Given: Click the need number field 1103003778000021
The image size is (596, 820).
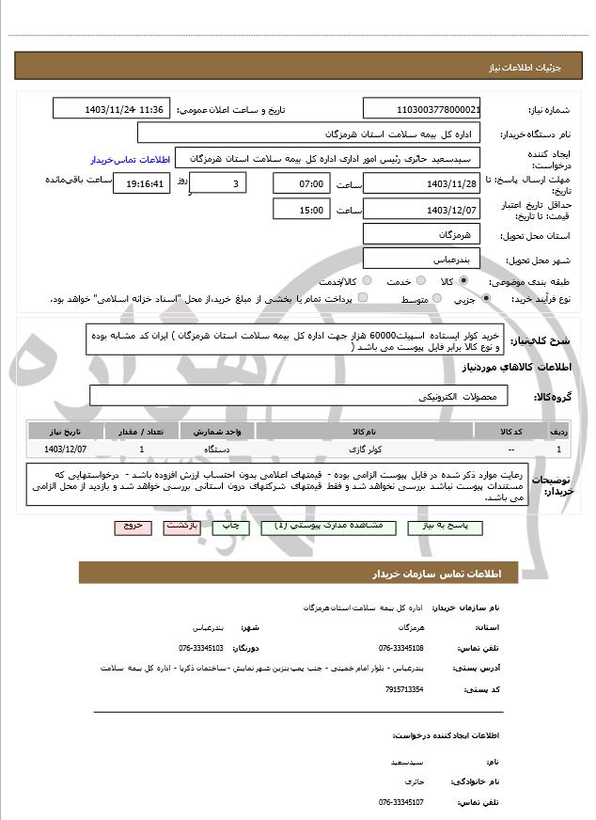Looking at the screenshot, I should [x=422, y=109].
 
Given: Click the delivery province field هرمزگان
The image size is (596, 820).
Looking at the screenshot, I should [x=422, y=233].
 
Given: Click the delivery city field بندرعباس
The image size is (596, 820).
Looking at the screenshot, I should [x=422, y=259].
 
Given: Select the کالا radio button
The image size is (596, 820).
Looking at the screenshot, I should [x=463, y=281].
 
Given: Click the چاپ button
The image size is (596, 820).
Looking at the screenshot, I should [x=231, y=528].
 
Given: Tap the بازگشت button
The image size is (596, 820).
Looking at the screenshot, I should [x=181, y=528].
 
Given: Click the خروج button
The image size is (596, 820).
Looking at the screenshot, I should [x=133, y=528].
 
